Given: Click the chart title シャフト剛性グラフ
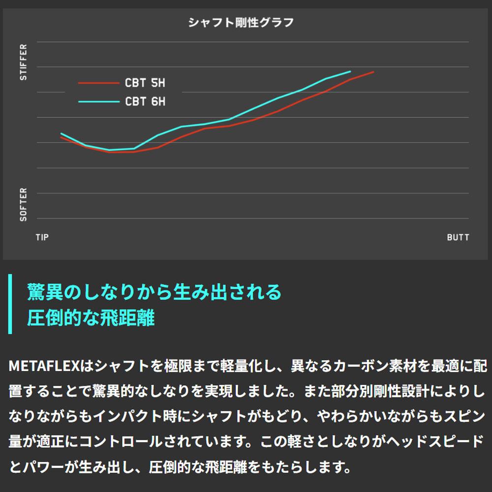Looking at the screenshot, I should click(241, 22).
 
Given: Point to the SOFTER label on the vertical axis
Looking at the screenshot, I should click(24, 204).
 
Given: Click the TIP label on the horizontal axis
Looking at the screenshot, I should click(42, 237).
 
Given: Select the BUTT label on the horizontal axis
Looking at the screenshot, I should click(458, 237).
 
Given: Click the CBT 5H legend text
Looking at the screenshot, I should click(145, 83).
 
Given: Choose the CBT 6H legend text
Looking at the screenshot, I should click(145, 102).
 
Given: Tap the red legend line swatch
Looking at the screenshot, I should click(98, 83).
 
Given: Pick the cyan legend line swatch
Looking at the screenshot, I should click(98, 102).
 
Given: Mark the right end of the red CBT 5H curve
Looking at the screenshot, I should click(373, 72).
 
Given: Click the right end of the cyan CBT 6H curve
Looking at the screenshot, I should click(350, 71).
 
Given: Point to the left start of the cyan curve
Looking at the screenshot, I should click(61, 133).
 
